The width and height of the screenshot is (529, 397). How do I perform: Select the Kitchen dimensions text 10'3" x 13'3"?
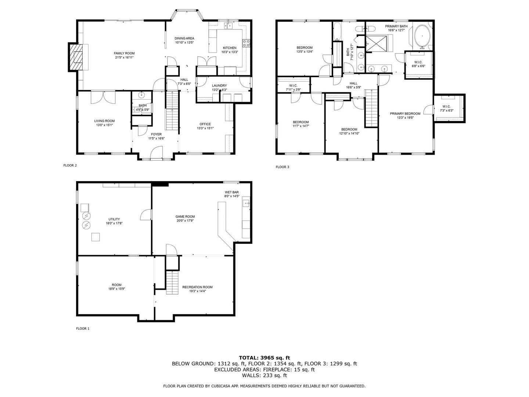tap(230, 52)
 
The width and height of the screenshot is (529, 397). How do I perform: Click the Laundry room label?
tap(219, 86)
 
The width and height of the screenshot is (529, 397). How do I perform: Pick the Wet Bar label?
tap(232, 192)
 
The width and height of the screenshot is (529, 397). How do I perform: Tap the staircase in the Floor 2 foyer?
tap(171, 110)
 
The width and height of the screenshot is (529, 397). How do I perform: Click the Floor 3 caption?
tap(283, 167)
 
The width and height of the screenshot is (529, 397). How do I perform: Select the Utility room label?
tap(114, 219)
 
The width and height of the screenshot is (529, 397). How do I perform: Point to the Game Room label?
tap(185, 217)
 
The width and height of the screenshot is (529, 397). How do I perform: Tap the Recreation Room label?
tap(198, 287)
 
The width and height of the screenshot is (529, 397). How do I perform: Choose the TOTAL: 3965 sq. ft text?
tap(264, 357)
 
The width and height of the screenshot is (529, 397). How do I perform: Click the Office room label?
tap(205, 124)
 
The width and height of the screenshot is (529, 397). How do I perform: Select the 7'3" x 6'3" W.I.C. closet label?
tap(447, 107)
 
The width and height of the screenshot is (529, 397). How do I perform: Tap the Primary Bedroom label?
tap(405, 114)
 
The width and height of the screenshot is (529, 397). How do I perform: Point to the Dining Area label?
tap(184, 38)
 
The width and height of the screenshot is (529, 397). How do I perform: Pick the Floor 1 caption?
tap(83, 329)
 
